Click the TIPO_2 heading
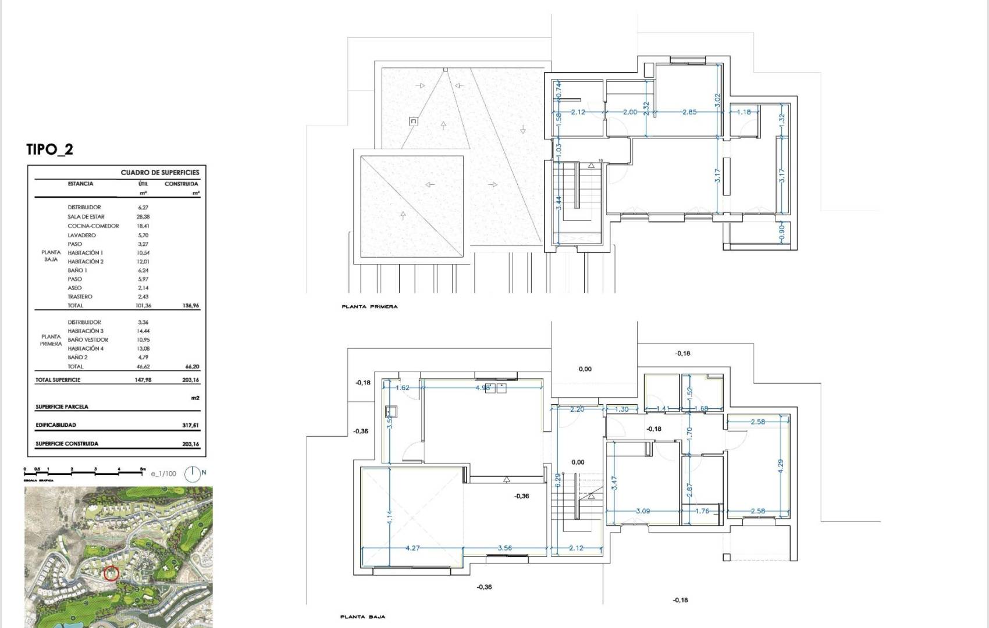click(50, 149)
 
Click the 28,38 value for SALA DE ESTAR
click(143, 217)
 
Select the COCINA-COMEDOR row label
click(93, 226)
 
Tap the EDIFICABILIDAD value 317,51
click(190, 425)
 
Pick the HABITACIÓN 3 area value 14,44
click(143, 331)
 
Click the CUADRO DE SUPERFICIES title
click(159, 173)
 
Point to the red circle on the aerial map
click(111, 574)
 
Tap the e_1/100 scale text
click(163, 474)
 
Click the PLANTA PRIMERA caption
click(370, 306)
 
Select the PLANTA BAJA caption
click(362, 617)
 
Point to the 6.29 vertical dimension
click(557, 480)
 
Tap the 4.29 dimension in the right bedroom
click(781, 464)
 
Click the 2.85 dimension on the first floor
click(689, 112)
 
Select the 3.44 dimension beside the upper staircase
click(558, 203)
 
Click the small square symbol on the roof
click(414, 121)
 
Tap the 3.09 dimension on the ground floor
click(643, 511)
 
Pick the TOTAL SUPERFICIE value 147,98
click(143, 380)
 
